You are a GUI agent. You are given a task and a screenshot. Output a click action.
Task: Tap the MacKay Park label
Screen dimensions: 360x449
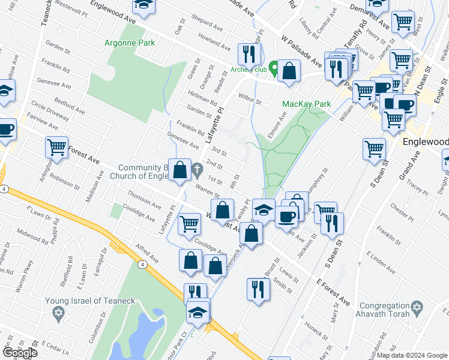307,104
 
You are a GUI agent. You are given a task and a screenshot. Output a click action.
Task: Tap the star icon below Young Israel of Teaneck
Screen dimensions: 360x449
58,313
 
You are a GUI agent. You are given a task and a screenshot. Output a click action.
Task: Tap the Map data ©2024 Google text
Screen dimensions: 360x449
412,355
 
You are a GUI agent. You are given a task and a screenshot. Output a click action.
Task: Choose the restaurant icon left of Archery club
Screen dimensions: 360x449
247,55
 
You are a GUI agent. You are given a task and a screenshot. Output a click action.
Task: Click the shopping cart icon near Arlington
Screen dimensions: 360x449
56,146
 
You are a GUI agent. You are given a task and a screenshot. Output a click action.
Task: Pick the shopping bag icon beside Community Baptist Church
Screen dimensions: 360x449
179,170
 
